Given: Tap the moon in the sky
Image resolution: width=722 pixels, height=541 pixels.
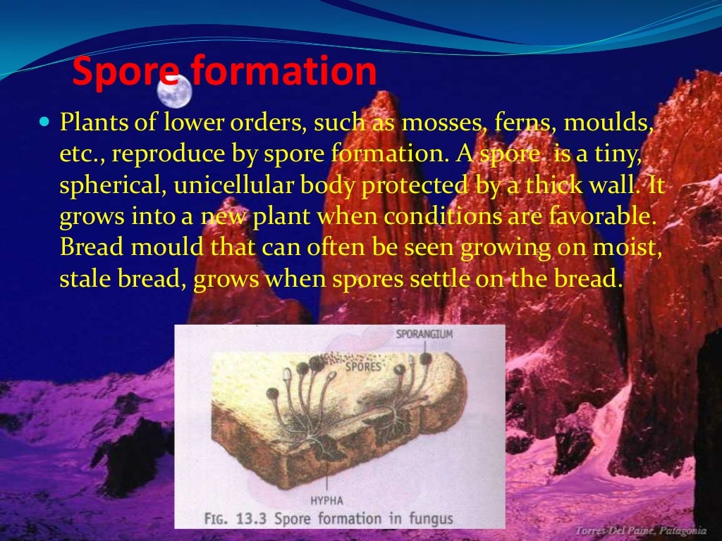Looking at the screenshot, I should (174, 91).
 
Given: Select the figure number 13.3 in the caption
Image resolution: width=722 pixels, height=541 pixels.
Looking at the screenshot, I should (252, 519).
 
